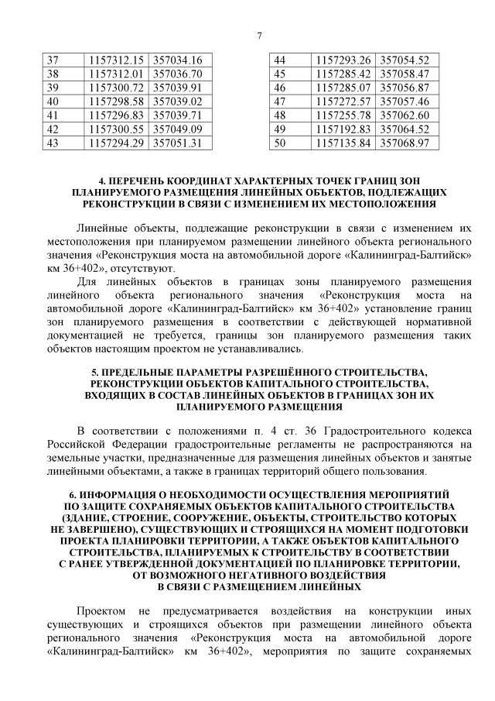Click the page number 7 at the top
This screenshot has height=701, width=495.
coord(260,35)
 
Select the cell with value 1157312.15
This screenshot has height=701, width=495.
coord(117,60)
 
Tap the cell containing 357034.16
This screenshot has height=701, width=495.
coord(177,60)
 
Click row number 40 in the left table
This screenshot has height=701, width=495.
coord(53,102)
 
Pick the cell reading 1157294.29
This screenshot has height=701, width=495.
coord(117,143)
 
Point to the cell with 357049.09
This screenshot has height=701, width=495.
coord(177,129)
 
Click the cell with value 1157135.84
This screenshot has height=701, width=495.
coord(344,143)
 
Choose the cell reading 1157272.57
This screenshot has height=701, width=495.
coord(344,102)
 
